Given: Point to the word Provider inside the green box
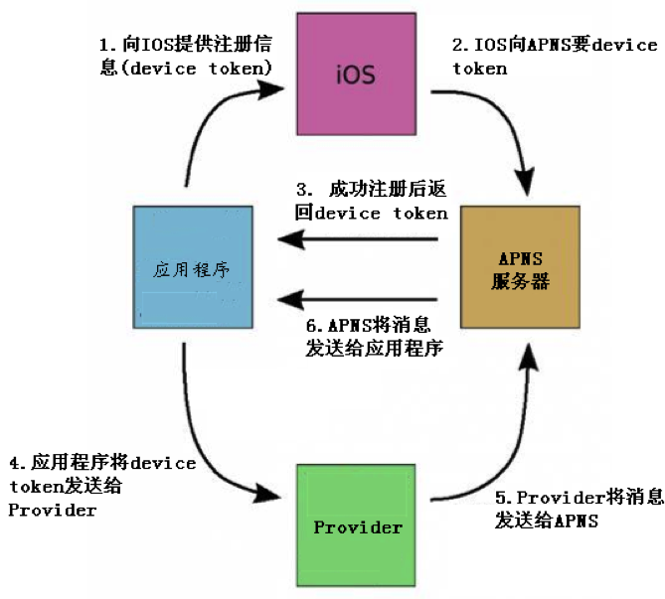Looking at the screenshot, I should (358, 527).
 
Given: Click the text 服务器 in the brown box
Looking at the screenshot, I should (520, 281).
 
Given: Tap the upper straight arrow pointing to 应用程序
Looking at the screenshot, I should (358, 238).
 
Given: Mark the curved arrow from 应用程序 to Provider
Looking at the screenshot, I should (204, 437).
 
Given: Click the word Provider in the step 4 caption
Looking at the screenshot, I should (52, 511).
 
